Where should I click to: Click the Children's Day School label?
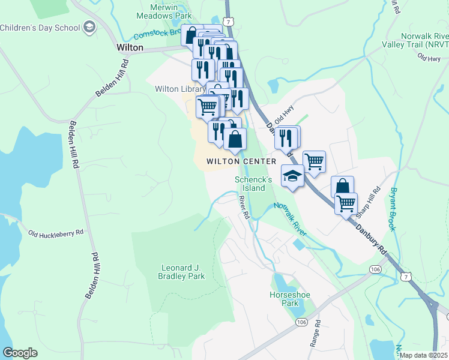click(x=39, y=28)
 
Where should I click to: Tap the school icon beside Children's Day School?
click(x=89, y=27)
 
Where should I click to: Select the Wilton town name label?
click(x=130, y=47)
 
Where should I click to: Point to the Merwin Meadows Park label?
click(x=158, y=11)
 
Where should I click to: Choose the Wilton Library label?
click(x=175, y=89)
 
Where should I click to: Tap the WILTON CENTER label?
click(x=241, y=161)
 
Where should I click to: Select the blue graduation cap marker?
click(x=292, y=176)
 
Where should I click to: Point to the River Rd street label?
click(x=244, y=207)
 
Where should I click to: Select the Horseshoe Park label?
click(x=284, y=299)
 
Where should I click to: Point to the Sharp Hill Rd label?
click(x=368, y=203)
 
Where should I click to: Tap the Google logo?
click(x=20, y=353)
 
